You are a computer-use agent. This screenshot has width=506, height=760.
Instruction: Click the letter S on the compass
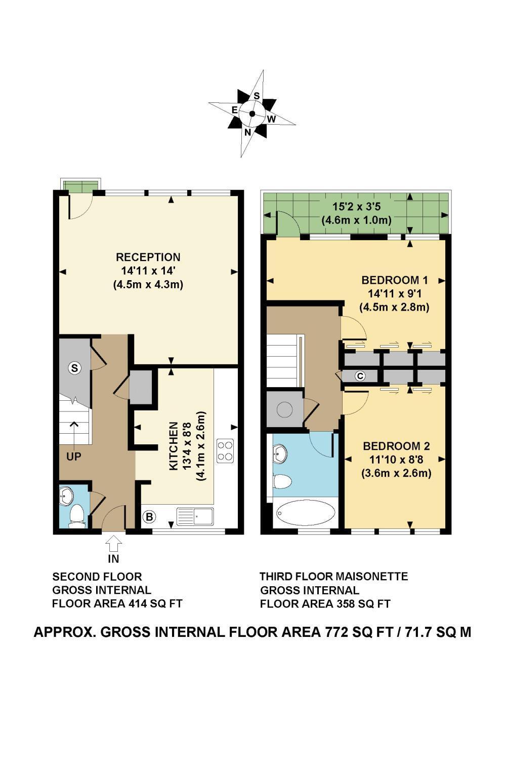click(x=257, y=96)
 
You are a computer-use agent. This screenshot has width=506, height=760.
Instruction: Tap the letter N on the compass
click(x=248, y=132)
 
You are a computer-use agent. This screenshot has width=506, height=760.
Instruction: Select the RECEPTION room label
click(x=148, y=257)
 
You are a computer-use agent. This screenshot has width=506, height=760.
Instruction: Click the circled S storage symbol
click(x=75, y=368)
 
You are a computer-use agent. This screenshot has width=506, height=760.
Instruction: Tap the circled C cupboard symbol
click(x=360, y=376)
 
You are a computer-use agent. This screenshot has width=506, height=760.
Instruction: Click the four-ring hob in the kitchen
click(x=225, y=450)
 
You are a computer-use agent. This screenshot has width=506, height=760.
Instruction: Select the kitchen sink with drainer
click(x=195, y=517)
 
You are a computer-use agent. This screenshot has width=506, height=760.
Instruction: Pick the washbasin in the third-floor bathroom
click(x=280, y=453)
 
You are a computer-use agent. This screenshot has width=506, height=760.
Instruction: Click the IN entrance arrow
click(x=113, y=543)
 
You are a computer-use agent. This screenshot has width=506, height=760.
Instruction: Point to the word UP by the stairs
click(x=74, y=457)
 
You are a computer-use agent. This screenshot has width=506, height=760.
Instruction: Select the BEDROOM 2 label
click(x=396, y=446)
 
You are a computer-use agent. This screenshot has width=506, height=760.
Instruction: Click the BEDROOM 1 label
click(x=395, y=280)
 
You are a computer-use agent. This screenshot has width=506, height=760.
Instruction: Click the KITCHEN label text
click(x=173, y=446)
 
